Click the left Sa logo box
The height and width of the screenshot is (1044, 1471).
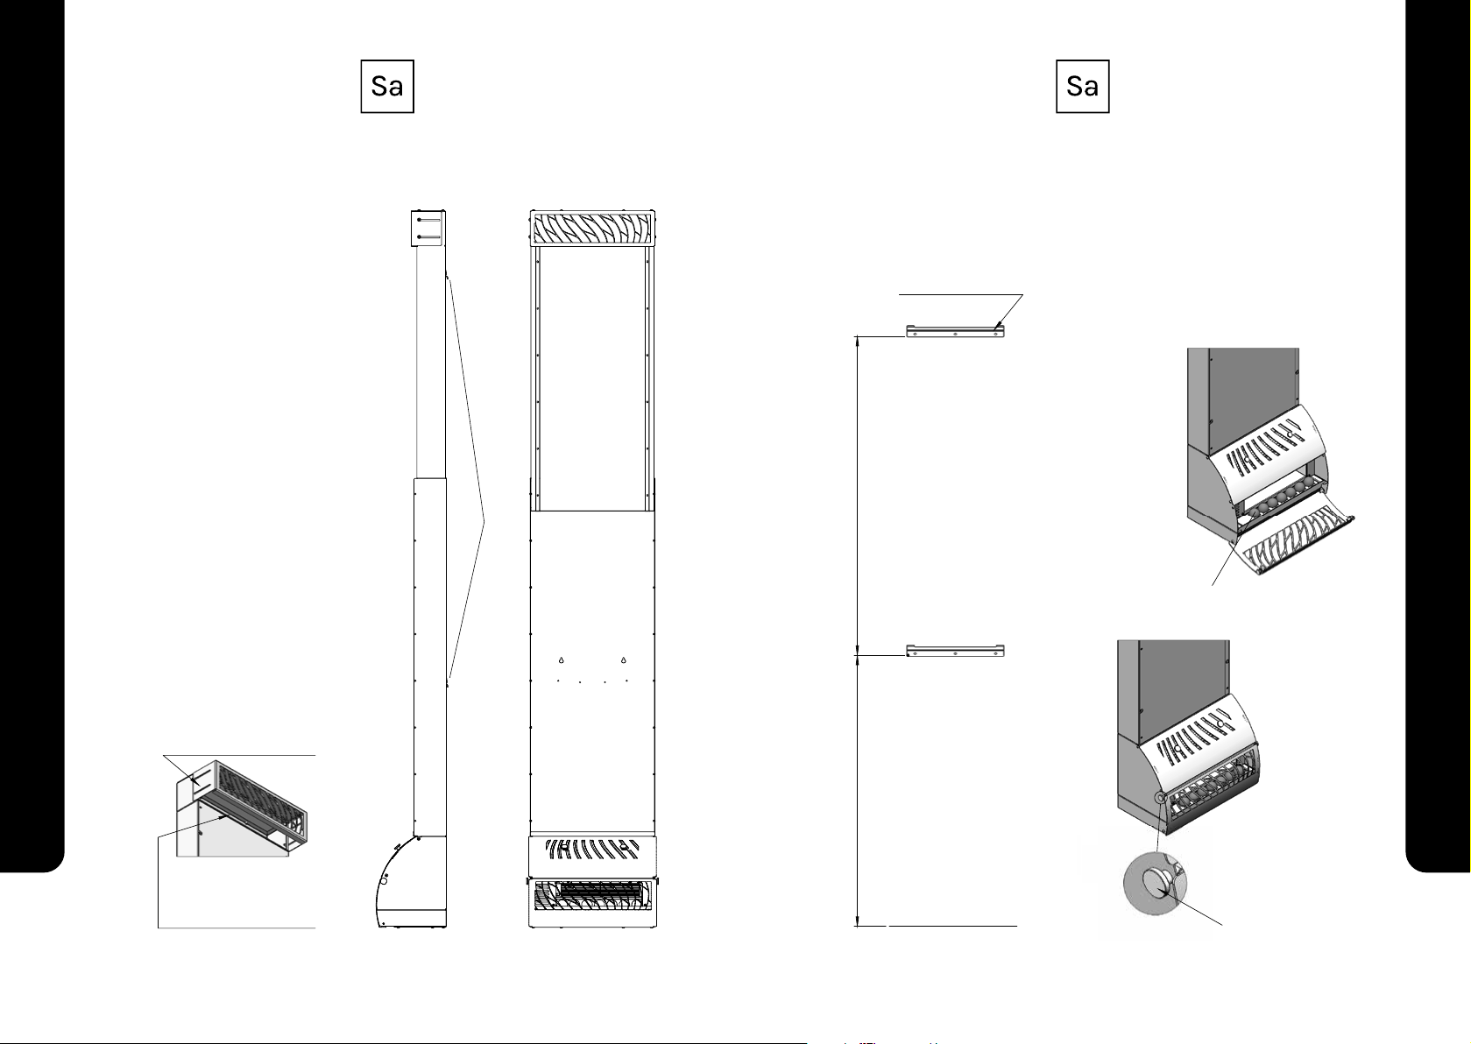387,86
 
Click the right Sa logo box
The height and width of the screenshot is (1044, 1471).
1083,86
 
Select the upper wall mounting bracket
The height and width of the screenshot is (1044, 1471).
954,331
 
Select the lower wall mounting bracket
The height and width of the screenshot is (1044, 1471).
954,651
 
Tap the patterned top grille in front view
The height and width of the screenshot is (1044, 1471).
592,229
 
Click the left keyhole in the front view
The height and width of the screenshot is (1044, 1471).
561,660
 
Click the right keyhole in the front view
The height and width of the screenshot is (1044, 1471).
623,660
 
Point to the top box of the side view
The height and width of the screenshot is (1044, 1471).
428,228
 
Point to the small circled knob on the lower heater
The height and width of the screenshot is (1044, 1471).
1160,797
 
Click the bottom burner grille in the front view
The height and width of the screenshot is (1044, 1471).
592,899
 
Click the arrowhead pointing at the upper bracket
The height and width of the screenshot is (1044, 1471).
1000,328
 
